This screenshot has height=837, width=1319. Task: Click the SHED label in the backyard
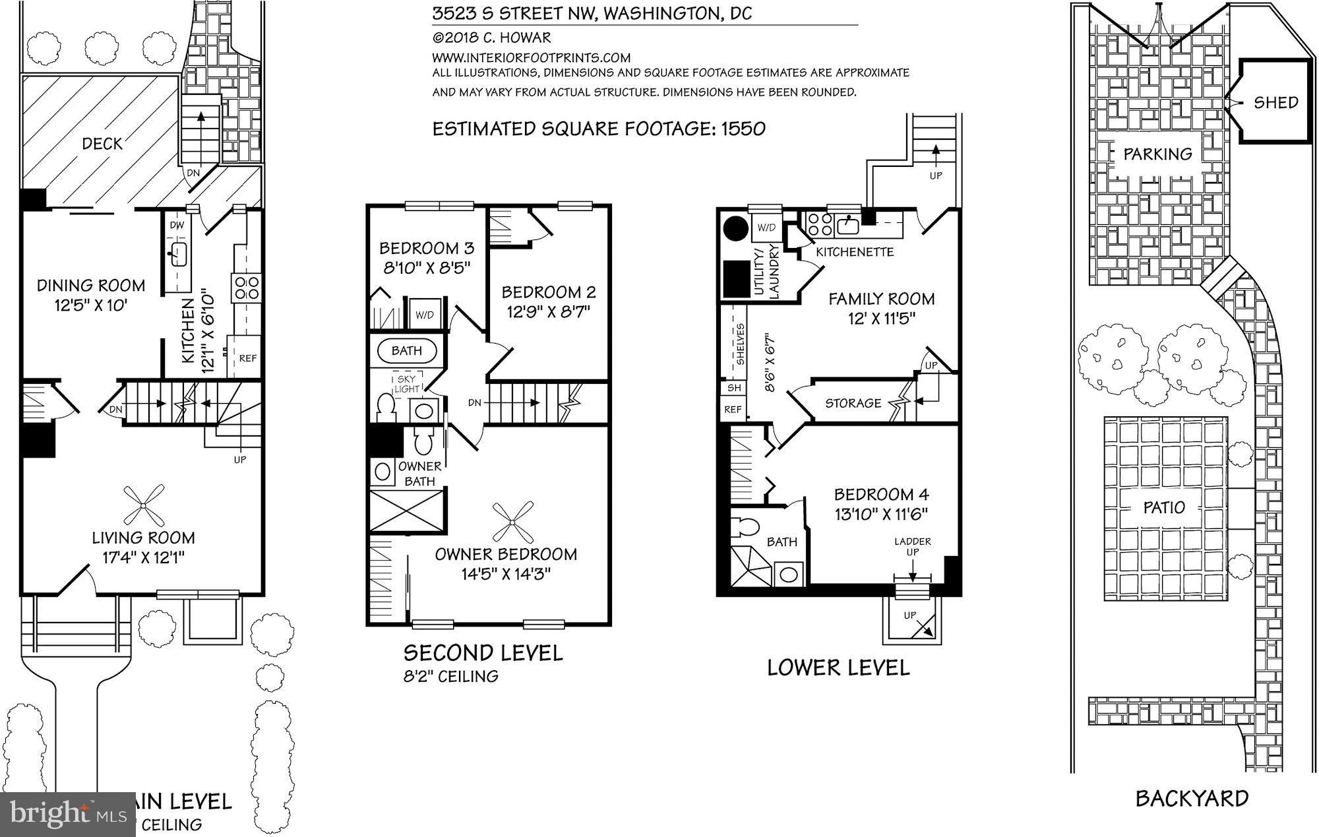click(1275, 102)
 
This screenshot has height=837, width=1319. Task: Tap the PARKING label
click(1157, 154)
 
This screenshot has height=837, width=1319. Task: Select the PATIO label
click(1164, 507)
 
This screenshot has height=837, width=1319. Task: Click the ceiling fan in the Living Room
click(144, 505)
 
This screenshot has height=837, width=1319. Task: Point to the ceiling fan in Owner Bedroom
click(512, 521)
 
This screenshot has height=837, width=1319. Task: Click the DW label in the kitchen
click(177, 226)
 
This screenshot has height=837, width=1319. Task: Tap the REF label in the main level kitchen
click(247, 359)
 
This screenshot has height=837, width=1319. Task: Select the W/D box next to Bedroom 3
click(424, 315)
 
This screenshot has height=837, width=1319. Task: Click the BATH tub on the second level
click(406, 351)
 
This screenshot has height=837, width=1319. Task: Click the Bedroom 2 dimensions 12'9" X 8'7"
click(548, 311)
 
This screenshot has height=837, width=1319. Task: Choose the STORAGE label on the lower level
click(853, 403)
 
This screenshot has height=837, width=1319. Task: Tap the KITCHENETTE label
click(855, 252)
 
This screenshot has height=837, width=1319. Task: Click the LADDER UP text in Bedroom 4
click(912, 546)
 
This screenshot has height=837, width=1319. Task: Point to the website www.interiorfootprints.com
click(532, 57)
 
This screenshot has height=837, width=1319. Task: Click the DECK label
click(102, 144)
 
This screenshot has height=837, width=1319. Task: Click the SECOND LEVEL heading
click(483, 653)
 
